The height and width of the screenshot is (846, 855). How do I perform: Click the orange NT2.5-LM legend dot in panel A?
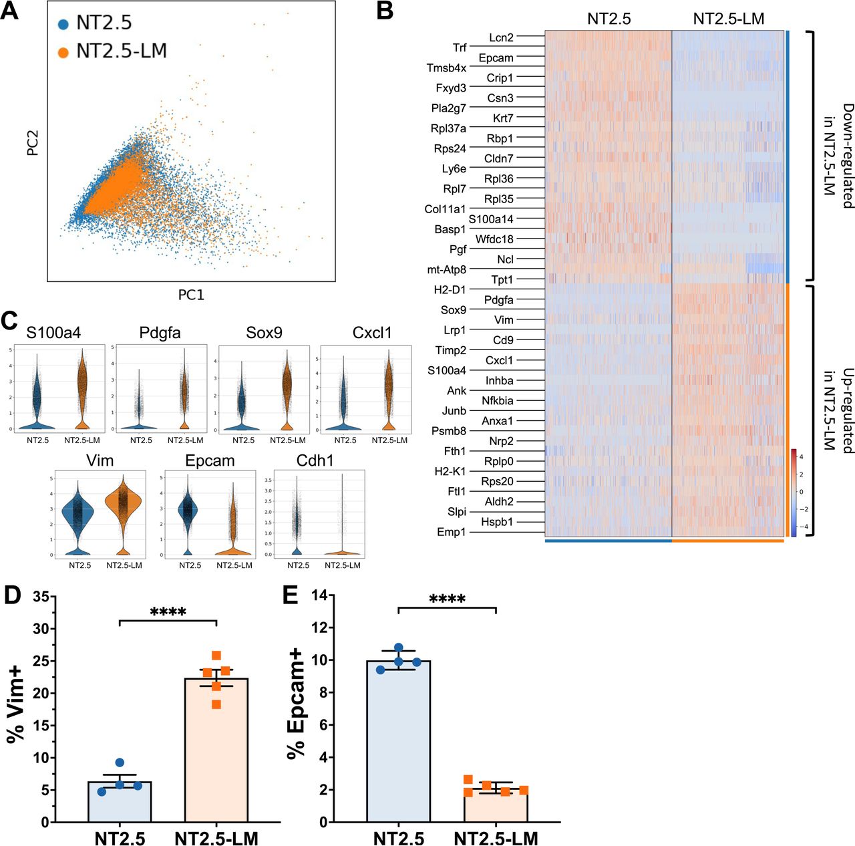[x=63, y=52]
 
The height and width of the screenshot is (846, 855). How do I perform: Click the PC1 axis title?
[x=191, y=295]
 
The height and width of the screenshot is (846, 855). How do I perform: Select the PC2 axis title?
[x=32, y=143]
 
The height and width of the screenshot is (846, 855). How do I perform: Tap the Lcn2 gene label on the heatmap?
[x=501, y=37]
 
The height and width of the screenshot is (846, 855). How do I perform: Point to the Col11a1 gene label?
[x=445, y=209]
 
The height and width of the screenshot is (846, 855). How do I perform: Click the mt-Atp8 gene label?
[x=446, y=269]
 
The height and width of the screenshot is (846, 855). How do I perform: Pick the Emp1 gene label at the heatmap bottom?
[x=451, y=532]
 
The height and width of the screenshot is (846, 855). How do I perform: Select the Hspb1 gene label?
[x=497, y=522]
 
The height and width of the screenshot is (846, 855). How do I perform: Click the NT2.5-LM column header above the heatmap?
[x=728, y=19]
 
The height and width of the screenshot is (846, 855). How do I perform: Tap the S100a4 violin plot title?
[x=53, y=333]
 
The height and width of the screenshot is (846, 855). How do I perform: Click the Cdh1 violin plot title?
[x=315, y=460]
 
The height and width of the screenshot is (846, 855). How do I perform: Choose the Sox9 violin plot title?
[x=264, y=333]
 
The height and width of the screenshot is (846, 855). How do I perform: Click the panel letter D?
[x=13, y=595]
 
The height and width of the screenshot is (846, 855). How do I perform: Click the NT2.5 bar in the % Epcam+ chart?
[x=398, y=740]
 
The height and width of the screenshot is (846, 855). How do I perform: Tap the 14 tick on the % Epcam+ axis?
[x=322, y=595]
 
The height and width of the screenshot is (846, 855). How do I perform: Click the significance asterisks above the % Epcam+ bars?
[x=447, y=599]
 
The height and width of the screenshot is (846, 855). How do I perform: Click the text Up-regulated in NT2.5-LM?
[x=839, y=410]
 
